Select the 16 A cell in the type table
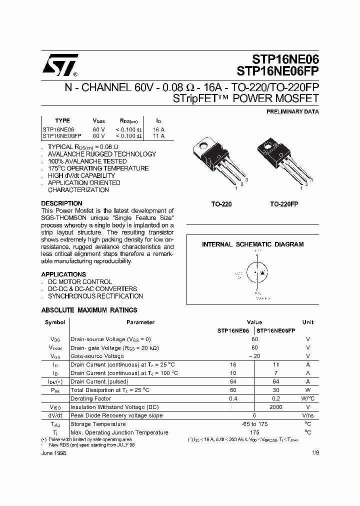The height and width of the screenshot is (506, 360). tap(158, 129)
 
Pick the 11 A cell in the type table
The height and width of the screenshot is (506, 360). tap(158, 135)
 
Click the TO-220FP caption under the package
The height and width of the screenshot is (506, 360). tap(284, 204)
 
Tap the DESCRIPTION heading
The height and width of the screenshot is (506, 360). tap(61, 203)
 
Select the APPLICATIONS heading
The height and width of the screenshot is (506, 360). tap(63, 274)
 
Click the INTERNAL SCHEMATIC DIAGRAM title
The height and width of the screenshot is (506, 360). tap(252, 244)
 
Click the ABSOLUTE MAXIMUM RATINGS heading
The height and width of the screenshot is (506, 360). tap(89, 310)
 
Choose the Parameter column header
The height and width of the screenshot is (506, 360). tap(140, 322)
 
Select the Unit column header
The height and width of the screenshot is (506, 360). tap(308, 322)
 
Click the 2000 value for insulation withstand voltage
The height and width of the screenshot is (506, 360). tap(275, 407)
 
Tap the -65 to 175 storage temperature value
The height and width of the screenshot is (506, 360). tap(254, 424)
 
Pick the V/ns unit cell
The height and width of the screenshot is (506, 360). tap(308, 416)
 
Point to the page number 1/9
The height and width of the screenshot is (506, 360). tap(314, 453)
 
